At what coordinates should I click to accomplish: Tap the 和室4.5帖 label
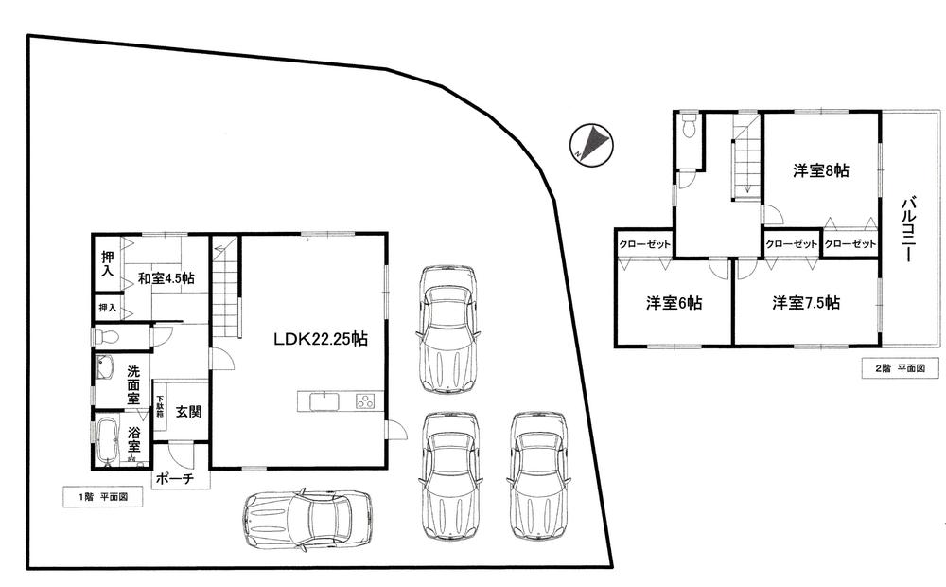[x=166, y=278]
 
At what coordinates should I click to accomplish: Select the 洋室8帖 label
[x=820, y=171]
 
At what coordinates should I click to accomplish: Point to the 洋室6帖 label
[x=674, y=303]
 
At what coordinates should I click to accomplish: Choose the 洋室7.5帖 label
[x=806, y=303]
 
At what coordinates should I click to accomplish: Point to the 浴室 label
[x=134, y=440]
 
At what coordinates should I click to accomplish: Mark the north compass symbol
[x=592, y=144]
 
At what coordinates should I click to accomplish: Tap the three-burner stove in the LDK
[x=365, y=401]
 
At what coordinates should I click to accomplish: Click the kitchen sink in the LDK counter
[x=324, y=401]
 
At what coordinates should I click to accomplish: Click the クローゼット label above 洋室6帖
[x=645, y=244]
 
